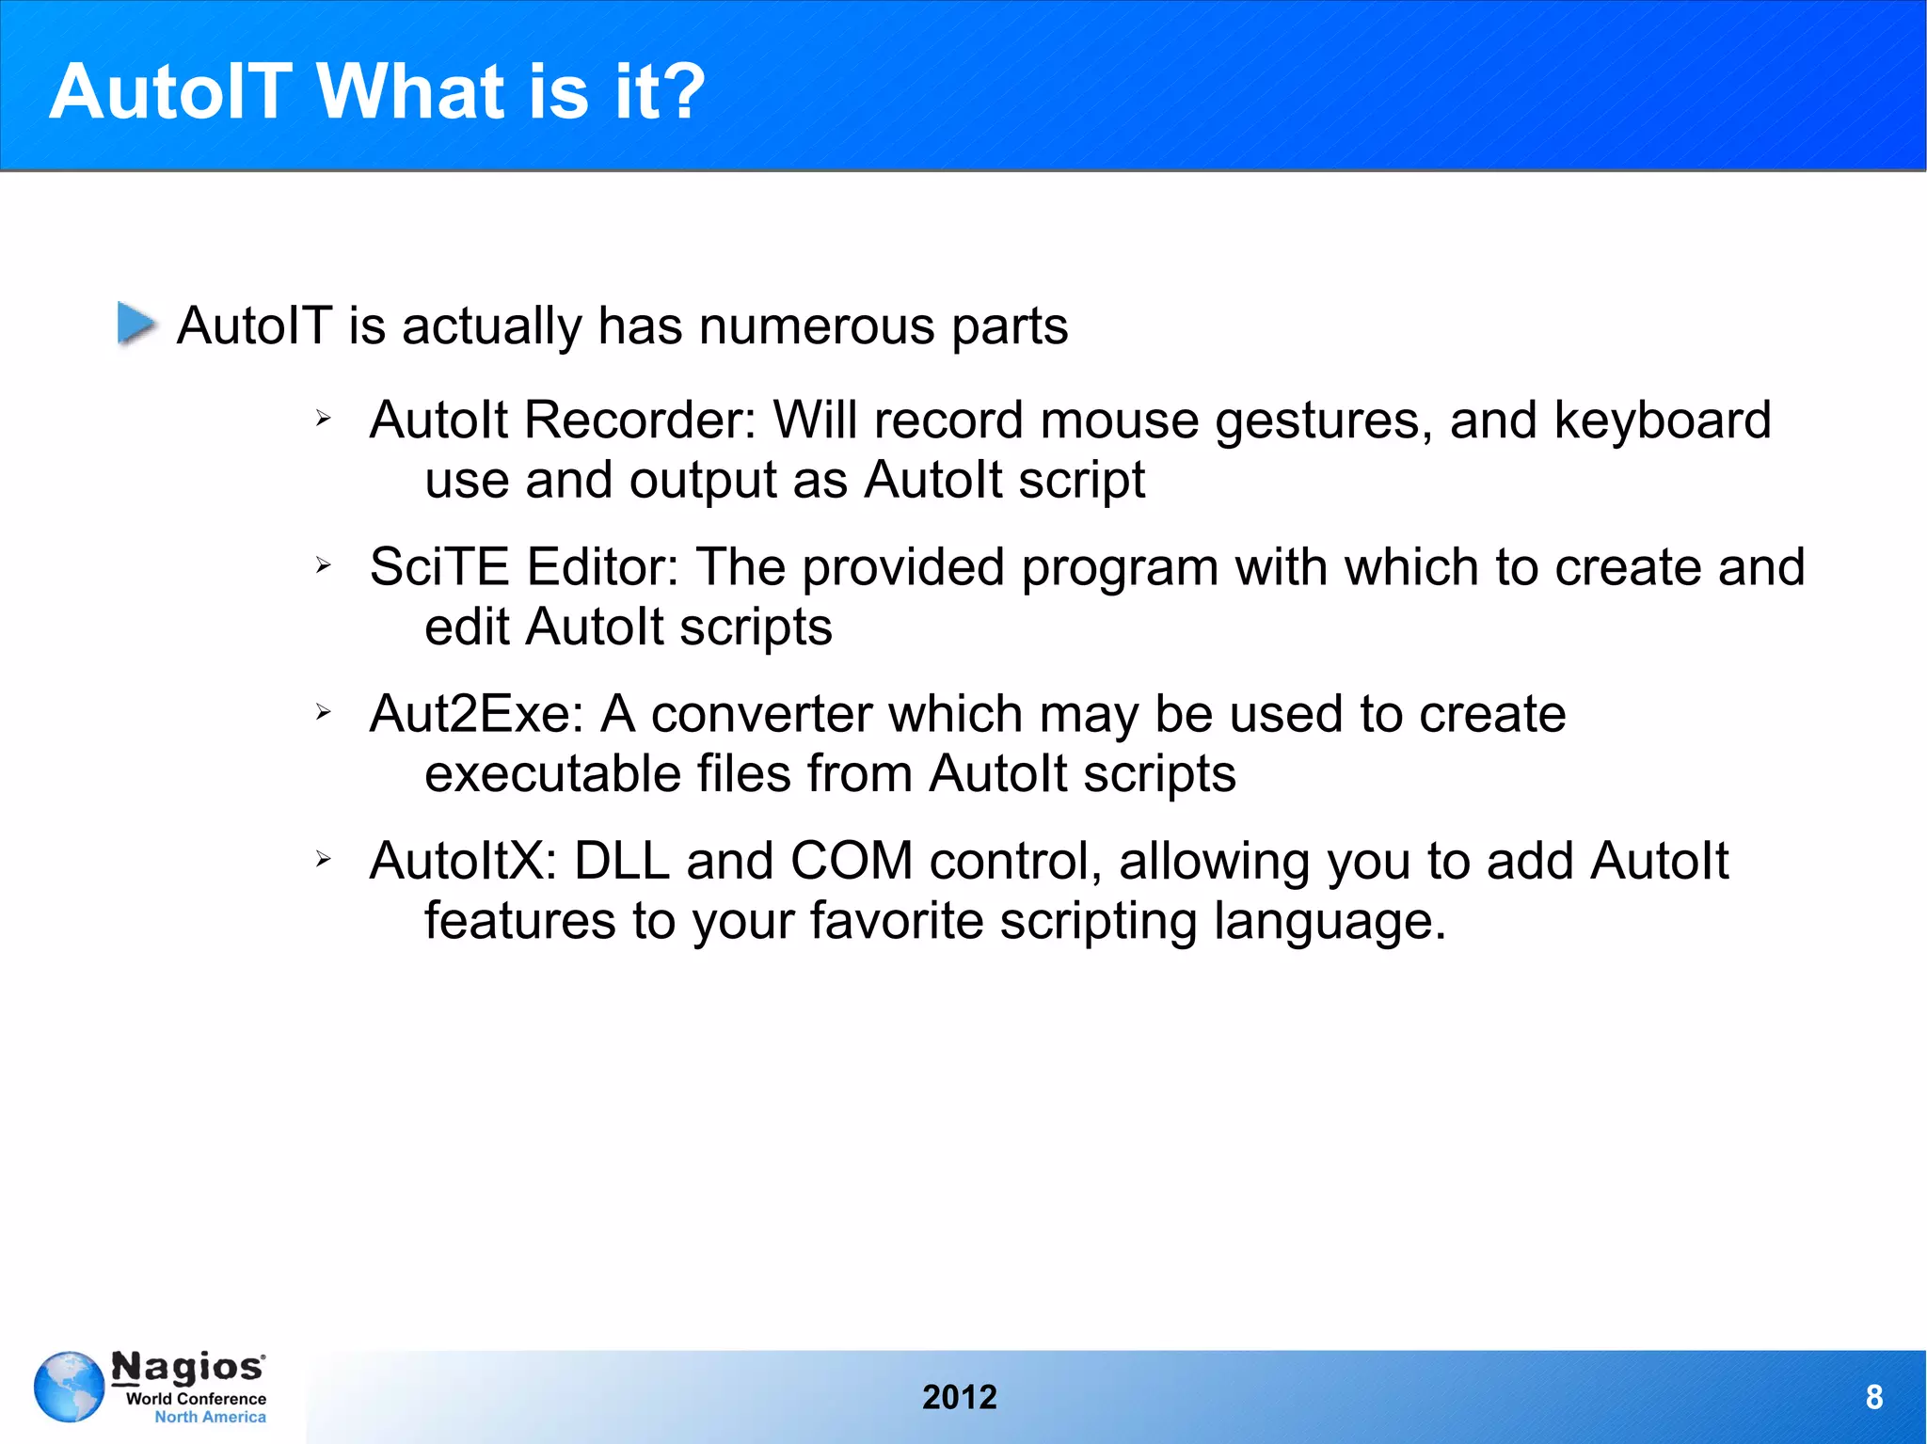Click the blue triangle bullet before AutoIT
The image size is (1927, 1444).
coord(136,324)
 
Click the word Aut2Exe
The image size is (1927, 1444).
coord(476,714)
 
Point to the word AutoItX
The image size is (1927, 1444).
coord(464,861)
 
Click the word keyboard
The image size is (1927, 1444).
coord(1662,420)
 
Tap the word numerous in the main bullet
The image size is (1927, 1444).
coord(817,326)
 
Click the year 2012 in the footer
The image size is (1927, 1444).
coord(959,1397)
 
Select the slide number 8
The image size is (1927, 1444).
coord(1873,1397)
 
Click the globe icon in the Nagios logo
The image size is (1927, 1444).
coord(69,1387)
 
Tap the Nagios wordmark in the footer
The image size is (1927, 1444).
coord(188,1367)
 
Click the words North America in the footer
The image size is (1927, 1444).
coord(210,1417)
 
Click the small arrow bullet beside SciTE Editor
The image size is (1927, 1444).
coord(324,565)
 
